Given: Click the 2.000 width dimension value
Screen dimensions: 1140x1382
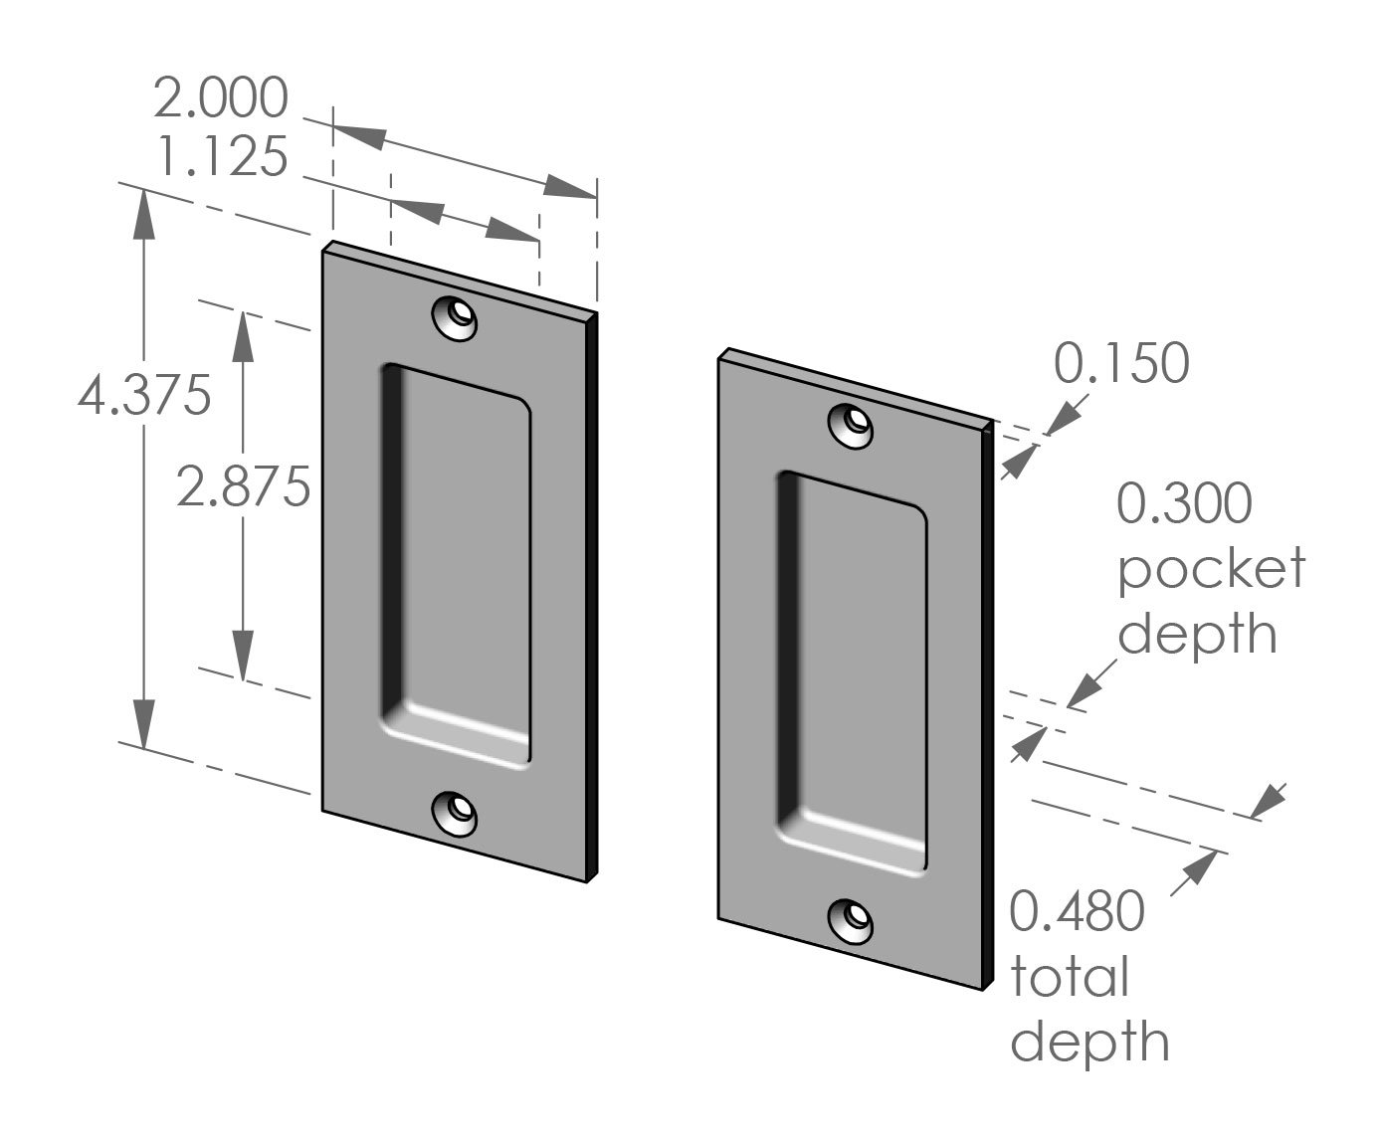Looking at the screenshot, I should (x=221, y=98).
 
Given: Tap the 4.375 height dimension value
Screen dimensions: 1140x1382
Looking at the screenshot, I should (x=144, y=396).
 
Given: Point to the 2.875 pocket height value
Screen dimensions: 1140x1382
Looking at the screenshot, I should (x=244, y=486).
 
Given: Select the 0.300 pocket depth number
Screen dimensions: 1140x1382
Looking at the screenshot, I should (x=1184, y=503).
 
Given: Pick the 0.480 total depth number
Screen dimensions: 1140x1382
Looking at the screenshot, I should (x=1078, y=911).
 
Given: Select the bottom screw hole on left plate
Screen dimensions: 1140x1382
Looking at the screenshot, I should (x=455, y=813).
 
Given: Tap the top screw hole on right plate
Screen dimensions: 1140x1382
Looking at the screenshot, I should (x=853, y=425).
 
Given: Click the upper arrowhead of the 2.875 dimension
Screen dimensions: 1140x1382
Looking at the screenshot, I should (x=243, y=333).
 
